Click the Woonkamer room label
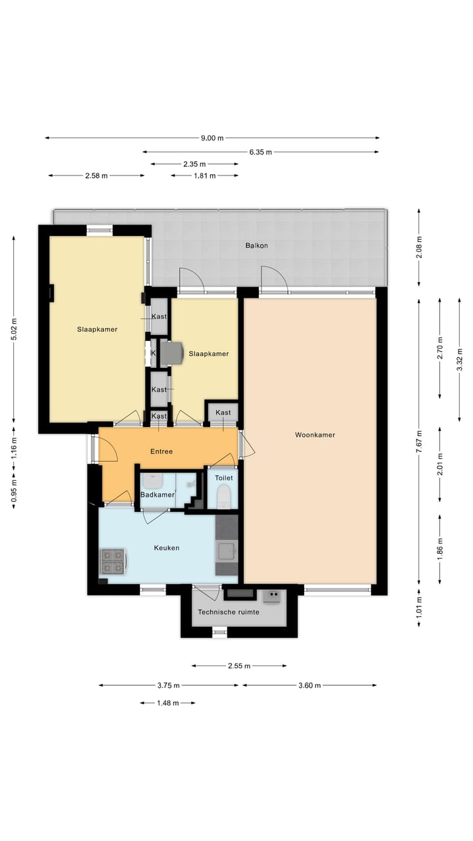pyautogui.click(x=315, y=435)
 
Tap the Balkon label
pyautogui.click(x=256, y=246)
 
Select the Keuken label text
pyautogui.click(x=166, y=548)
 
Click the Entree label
pyautogui.click(x=162, y=451)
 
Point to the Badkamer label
pyautogui.click(x=158, y=495)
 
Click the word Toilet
pyautogui.click(x=224, y=478)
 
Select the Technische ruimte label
pyautogui.click(x=229, y=612)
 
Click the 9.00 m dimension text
pyautogui.click(x=212, y=138)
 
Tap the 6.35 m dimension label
pyautogui.click(x=261, y=152)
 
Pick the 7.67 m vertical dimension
pyautogui.click(x=419, y=442)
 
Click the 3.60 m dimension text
pyautogui.click(x=309, y=686)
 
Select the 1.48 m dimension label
pyautogui.click(x=168, y=703)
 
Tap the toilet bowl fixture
pyautogui.click(x=224, y=495)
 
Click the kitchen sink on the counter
pyautogui.click(x=226, y=551)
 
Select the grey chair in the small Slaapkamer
pyautogui.click(x=173, y=353)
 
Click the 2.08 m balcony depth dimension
pyautogui.click(x=419, y=248)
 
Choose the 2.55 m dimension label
pyautogui.click(x=239, y=666)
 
